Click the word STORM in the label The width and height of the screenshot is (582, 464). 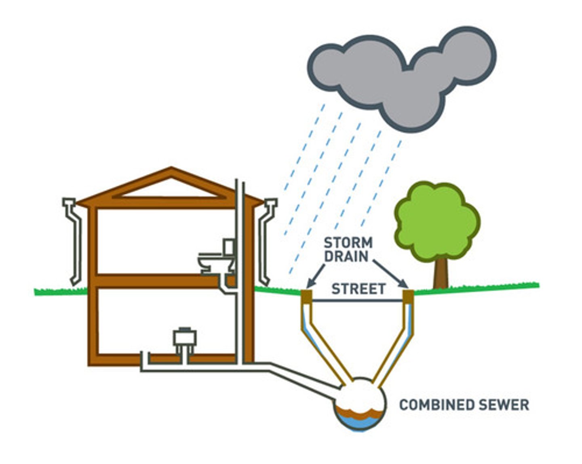click(x=348, y=243)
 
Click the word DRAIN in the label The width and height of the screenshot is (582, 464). click(x=346, y=256)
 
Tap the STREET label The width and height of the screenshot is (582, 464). click(x=358, y=289)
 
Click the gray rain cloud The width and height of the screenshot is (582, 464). click(x=400, y=77)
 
